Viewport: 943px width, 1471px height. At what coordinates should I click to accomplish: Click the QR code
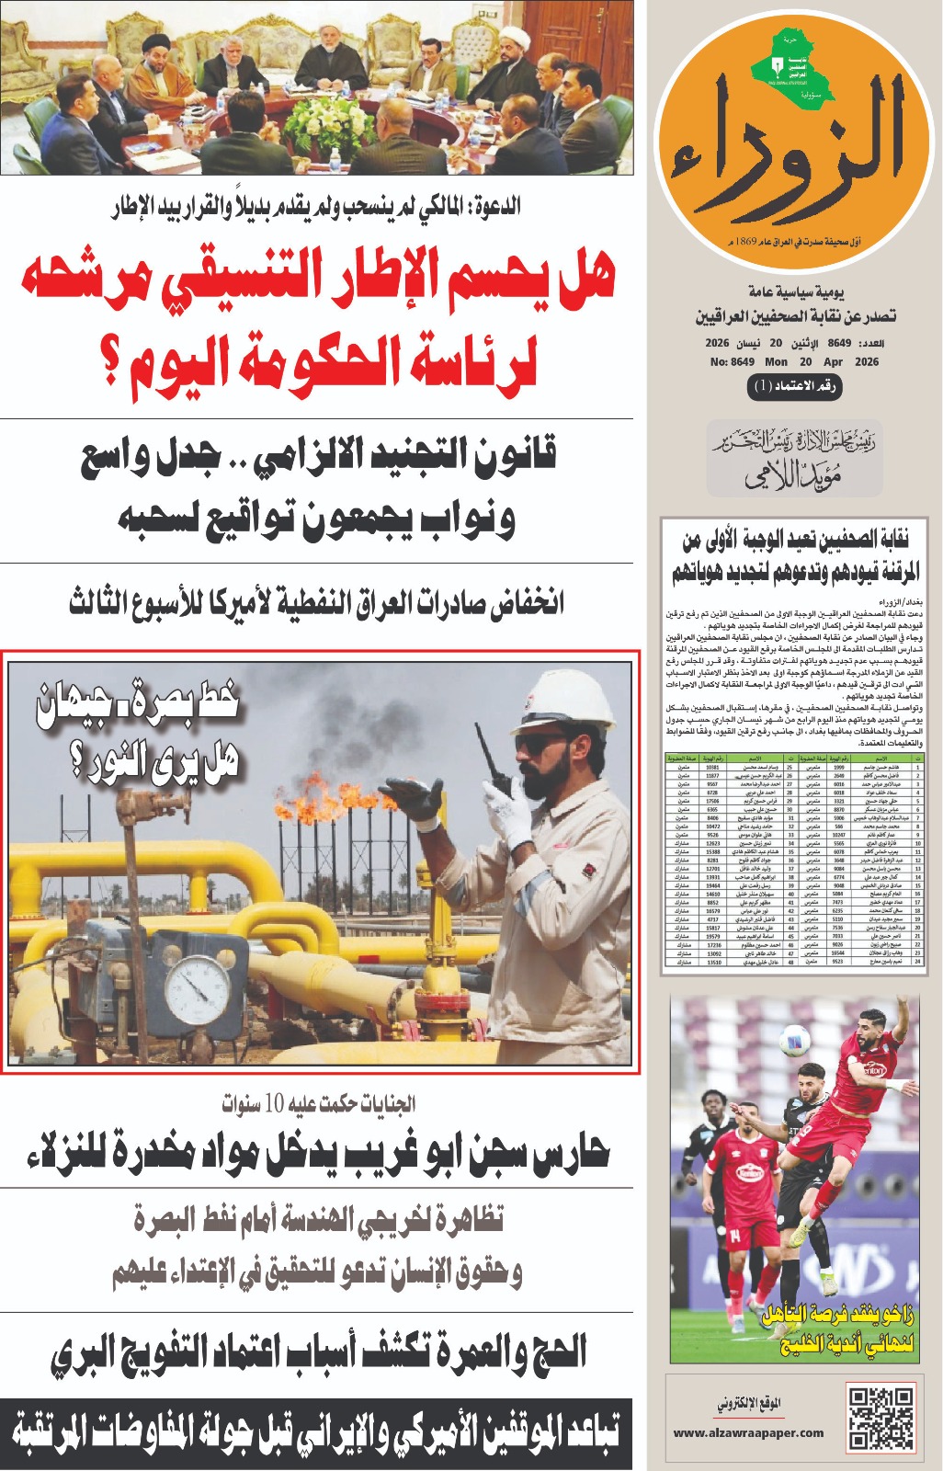(881, 1417)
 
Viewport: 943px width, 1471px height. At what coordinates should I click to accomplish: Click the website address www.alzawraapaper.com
(748, 1431)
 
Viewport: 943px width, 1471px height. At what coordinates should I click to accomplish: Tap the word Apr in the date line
(833, 361)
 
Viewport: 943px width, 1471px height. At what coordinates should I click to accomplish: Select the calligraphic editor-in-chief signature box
(792, 461)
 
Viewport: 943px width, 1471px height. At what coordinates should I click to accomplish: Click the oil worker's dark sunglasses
(538, 742)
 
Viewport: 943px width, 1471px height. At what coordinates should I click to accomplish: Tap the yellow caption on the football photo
(838, 1329)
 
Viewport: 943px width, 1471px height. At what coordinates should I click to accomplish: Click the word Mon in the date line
(776, 361)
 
